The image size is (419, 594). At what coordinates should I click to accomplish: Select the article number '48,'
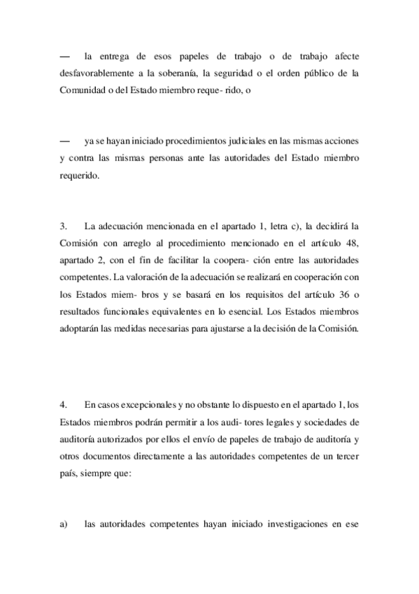coord(348,242)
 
